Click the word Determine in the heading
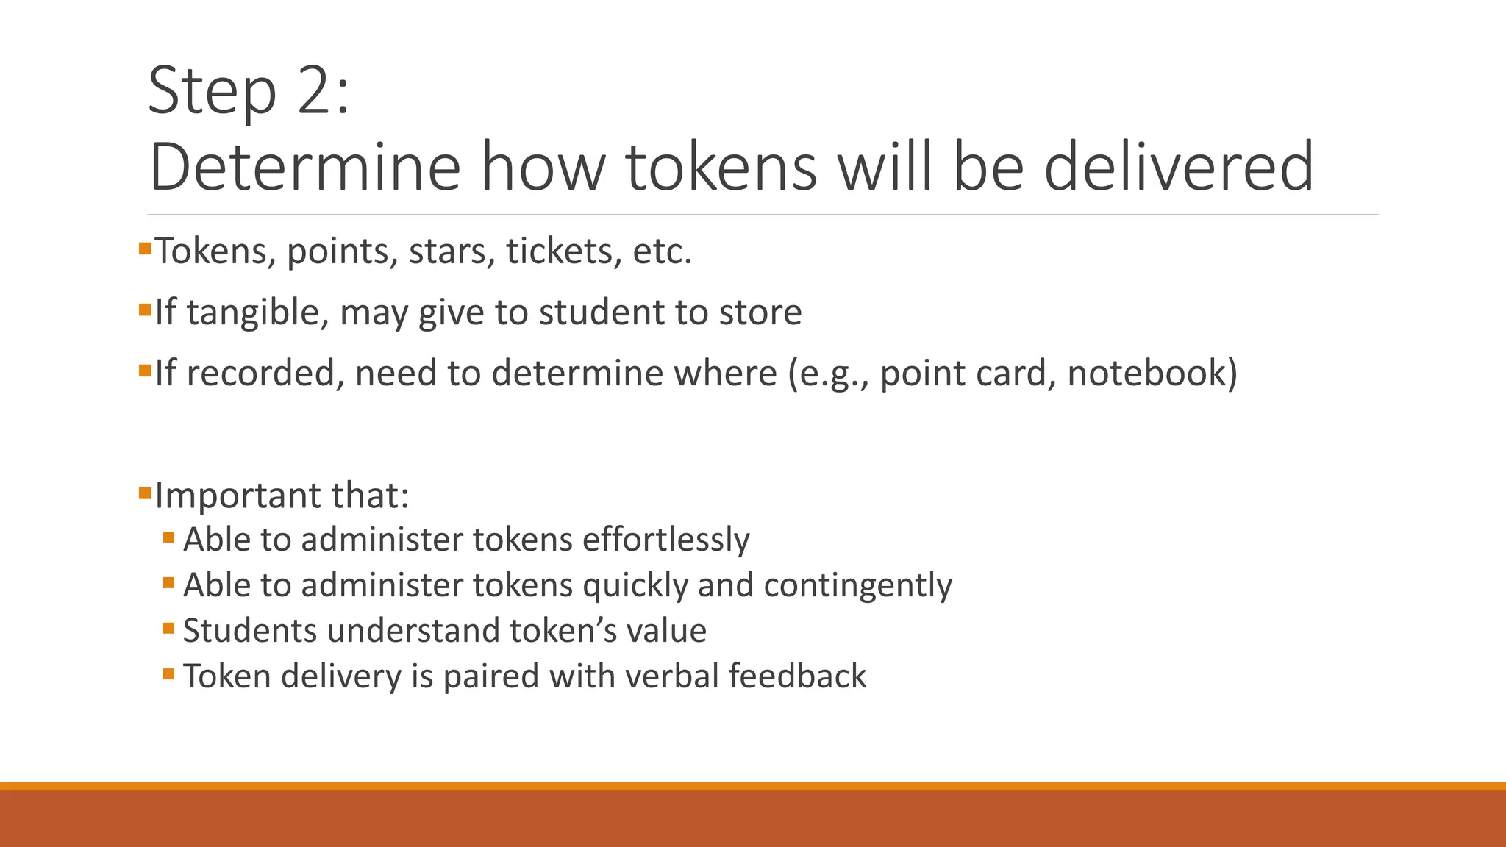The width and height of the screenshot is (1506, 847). click(x=304, y=168)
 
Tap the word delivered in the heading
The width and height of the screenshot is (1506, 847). click(x=1178, y=168)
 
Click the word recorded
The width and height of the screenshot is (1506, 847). click(x=265, y=374)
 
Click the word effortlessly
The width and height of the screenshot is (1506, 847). click(x=666, y=540)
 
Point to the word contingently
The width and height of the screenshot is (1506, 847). click(x=857, y=586)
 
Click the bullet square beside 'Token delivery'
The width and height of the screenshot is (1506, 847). click(x=169, y=673)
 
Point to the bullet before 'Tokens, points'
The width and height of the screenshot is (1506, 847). click(x=144, y=249)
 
